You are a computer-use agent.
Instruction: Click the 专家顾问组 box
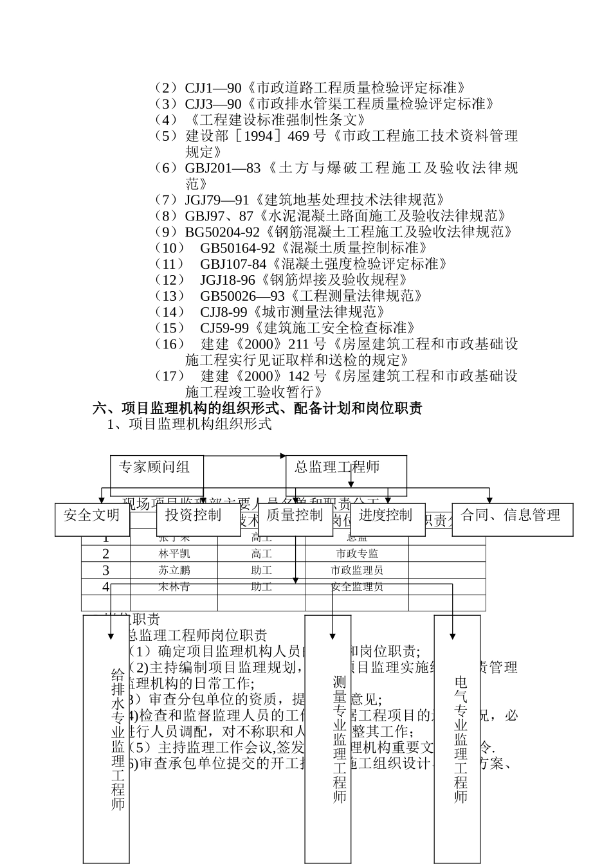point(156,467)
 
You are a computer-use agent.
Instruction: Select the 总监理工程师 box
point(346,467)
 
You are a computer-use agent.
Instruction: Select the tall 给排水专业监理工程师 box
point(106,739)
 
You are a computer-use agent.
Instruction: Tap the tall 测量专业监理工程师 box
point(328,739)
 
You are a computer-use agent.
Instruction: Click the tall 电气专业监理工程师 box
point(457,739)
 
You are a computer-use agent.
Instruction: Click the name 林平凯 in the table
point(174,553)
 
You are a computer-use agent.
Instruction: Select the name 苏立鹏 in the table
point(174,570)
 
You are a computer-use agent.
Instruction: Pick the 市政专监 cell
point(357,553)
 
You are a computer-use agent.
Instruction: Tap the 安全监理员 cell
point(357,587)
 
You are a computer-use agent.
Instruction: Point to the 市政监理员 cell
point(357,570)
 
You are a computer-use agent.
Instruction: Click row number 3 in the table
point(106,570)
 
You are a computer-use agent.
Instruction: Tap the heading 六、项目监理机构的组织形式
point(193,408)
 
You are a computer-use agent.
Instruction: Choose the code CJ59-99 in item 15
point(224,328)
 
